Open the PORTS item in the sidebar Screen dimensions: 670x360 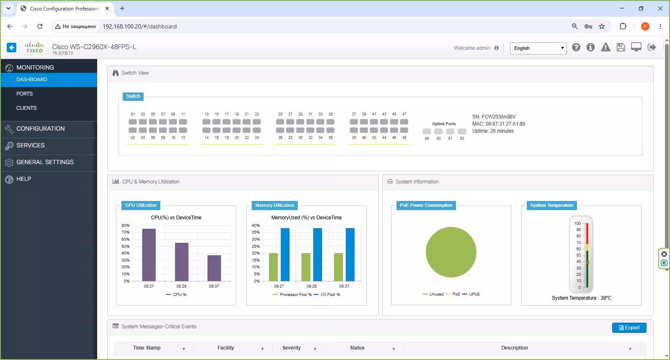tap(25, 94)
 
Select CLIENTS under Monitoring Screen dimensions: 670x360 tap(26, 108)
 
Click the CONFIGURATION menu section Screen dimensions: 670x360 tap(40, 129)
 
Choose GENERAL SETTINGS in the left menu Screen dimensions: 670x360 tap(45, 162)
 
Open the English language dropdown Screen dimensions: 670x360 tap(539, 48)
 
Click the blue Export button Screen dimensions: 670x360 tap(629, 328)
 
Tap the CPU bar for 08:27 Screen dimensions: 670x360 tap(149, 255)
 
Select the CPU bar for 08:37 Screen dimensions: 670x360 tap(214, 268)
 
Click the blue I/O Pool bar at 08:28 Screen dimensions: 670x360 tap(318, 255)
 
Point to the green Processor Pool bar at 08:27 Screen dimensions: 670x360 tap(273, 267)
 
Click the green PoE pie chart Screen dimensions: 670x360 tap(451, 252)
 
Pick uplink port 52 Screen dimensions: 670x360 tap(462, 131)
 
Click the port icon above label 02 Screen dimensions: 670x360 tap(133, 130)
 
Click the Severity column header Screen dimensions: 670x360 tap(291, 348)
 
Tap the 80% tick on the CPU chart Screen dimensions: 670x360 tap(125, 226)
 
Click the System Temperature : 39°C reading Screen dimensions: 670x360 tap(581, 298)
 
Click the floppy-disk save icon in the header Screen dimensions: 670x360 tap(621, 47)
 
